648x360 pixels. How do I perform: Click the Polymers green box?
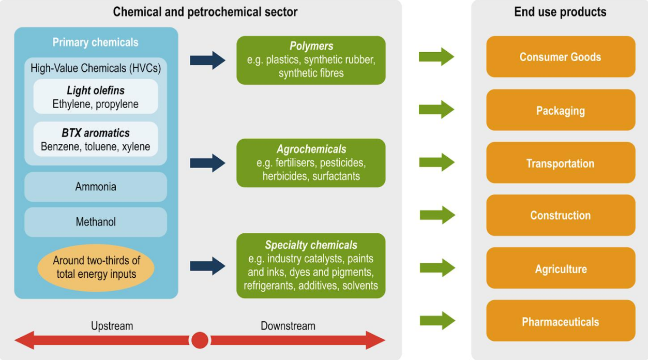click(311, 60)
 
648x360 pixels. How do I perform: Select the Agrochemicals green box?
click(311, 163)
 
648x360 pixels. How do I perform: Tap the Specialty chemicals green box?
click(311, 266)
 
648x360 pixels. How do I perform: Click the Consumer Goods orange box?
click(561, 57)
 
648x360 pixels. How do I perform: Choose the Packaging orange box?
click(561, 110)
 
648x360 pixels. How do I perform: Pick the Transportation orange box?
click(561, 162)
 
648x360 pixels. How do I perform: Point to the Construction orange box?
click(561, 215)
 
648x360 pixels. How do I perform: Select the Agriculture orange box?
click(561, 268)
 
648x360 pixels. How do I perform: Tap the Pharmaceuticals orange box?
click(561, 321)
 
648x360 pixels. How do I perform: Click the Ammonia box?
click(96, 187)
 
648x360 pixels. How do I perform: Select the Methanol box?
click(96, 222)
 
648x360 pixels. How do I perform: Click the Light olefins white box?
click(96, 97)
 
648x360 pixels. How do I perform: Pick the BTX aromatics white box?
click(96, 139)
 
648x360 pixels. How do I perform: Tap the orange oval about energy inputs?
click(96, 267)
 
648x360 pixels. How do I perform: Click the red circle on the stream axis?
click(200, 340)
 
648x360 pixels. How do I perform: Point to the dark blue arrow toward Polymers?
click(208, 61)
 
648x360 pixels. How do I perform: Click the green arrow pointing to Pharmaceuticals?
click(438, 321)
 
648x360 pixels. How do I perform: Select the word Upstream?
click(112, 326)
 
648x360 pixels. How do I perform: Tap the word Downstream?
click(288, 326)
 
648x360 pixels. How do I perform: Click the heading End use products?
click(560, 12)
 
